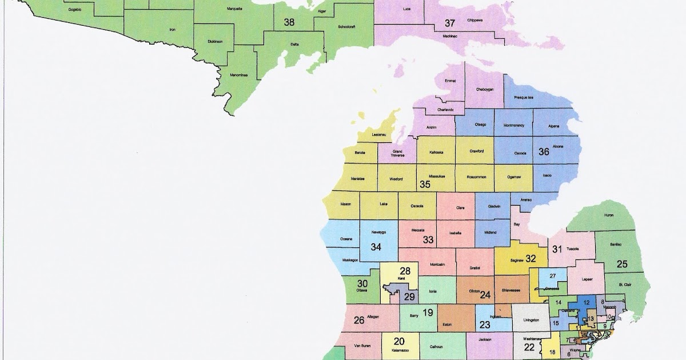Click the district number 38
289,22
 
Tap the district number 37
450,23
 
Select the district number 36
544,151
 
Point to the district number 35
425,184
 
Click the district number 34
376,247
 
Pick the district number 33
428,240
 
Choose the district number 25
622,263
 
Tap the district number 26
359,320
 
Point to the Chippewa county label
475,20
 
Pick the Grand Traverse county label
397,153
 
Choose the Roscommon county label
476,177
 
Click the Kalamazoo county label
400,348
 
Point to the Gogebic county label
74,10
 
